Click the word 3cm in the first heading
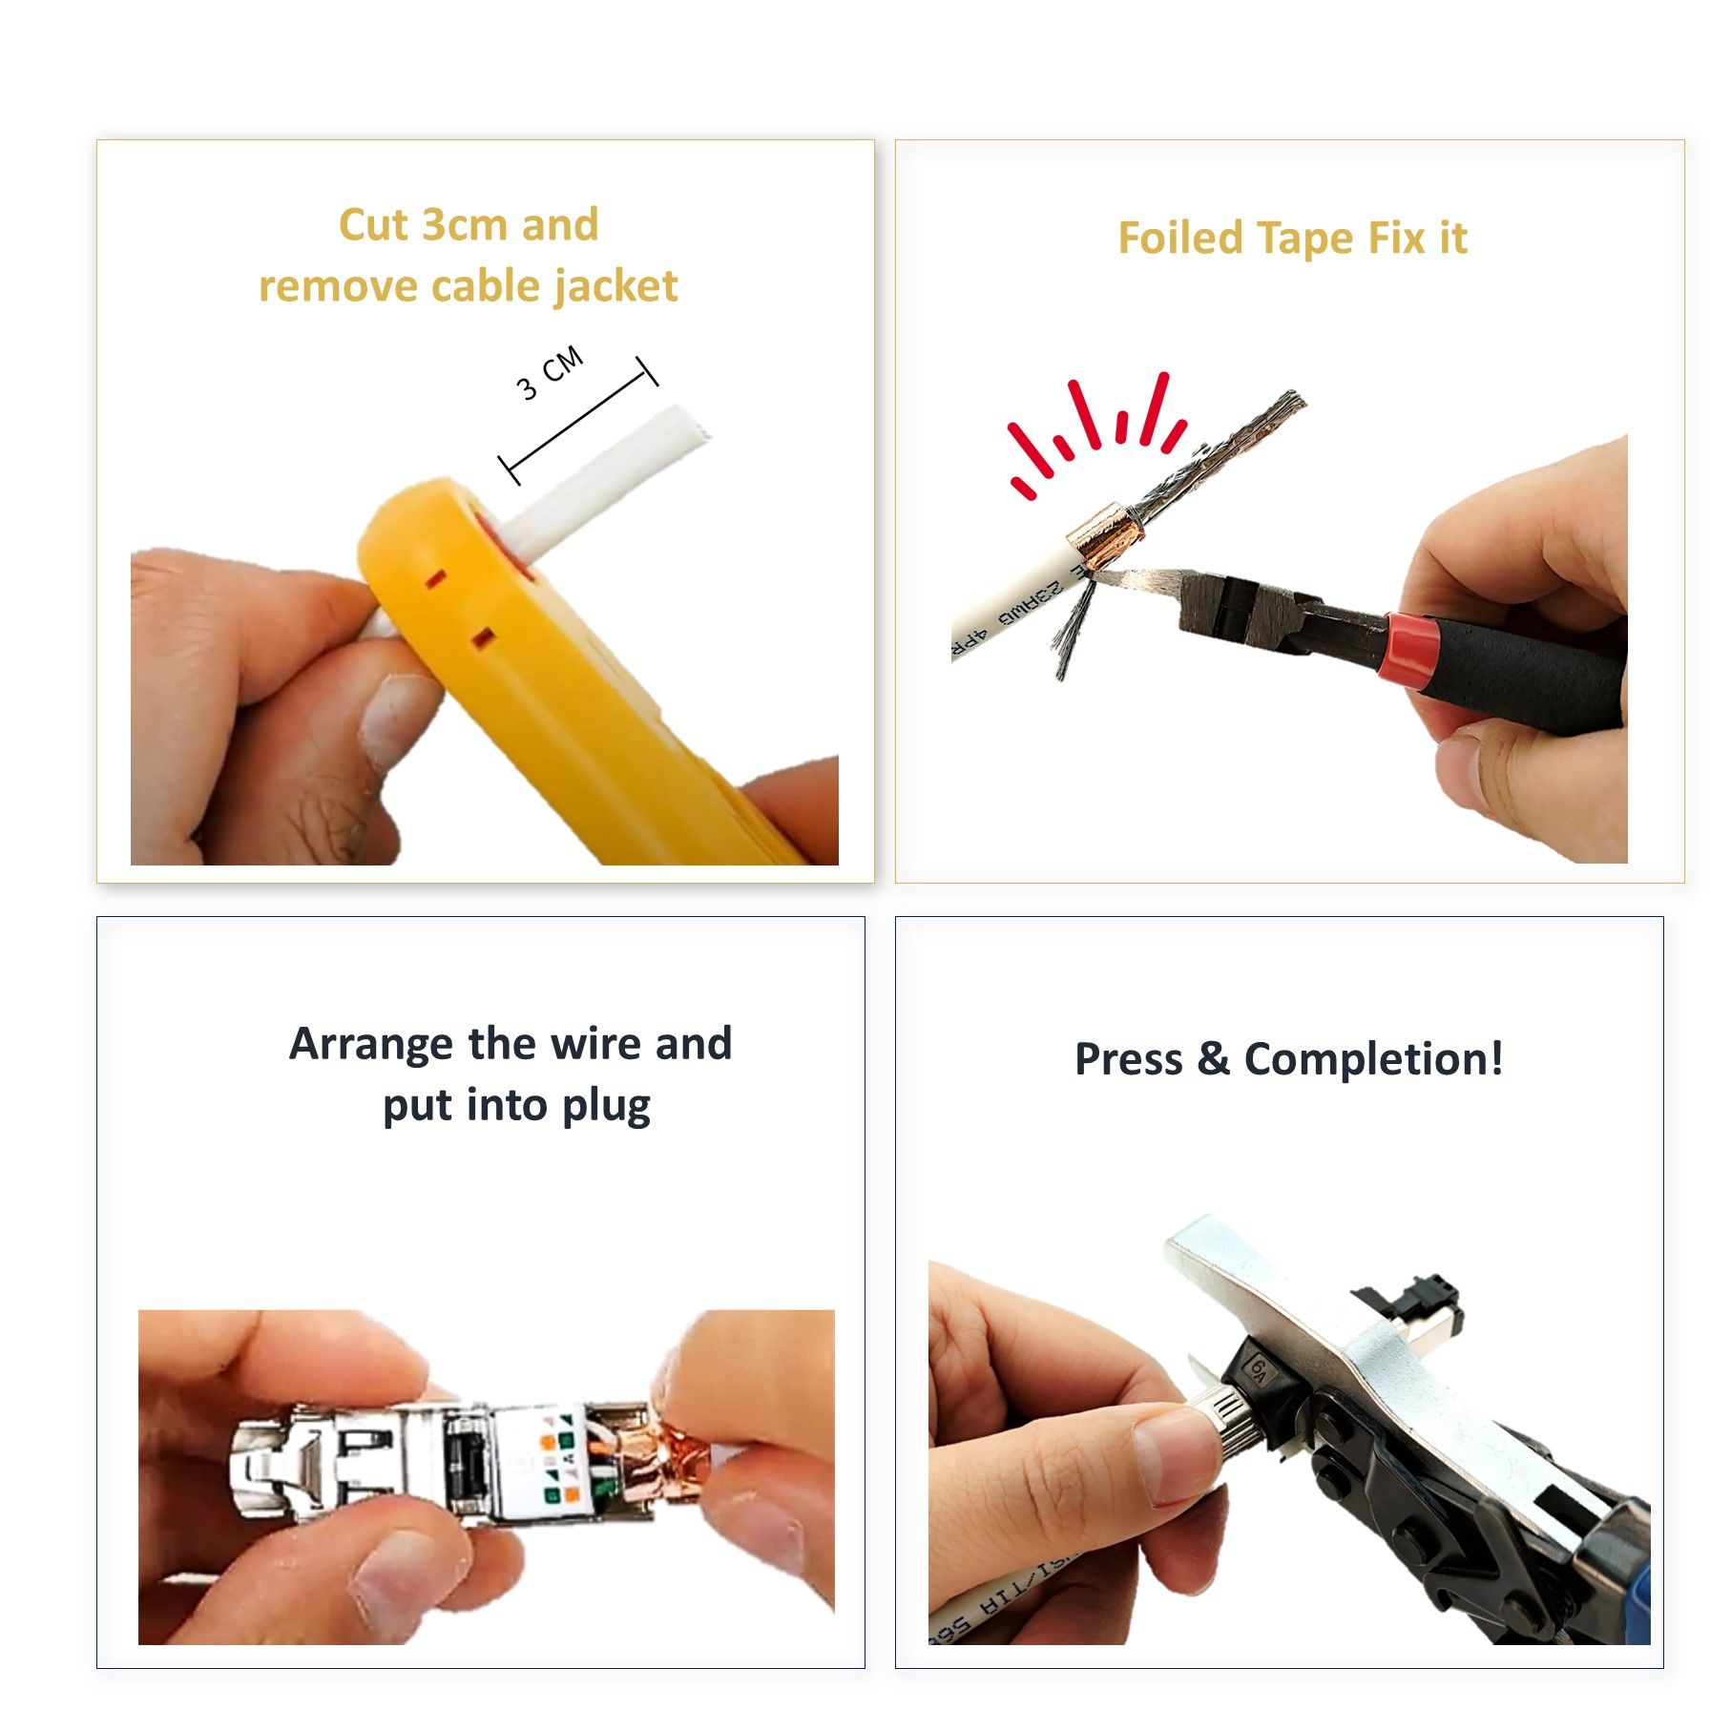click(464, 226)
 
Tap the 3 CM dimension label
click(550, 373)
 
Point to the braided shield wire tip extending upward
click(1279, 406)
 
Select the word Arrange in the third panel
click(371, 1044)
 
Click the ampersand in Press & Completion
click(1213, 1059)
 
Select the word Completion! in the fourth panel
click(1373, 1059)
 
